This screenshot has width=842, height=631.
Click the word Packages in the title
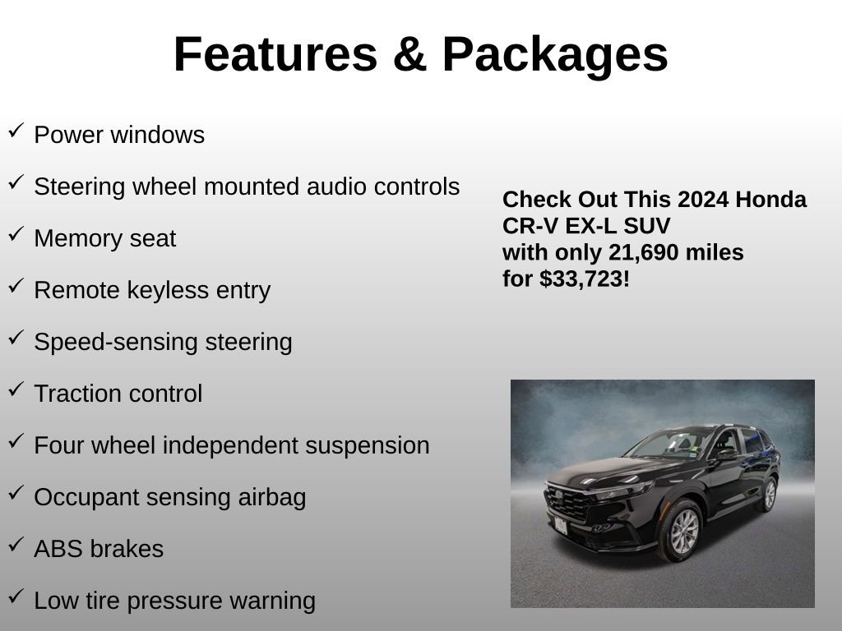(x=554, y=54)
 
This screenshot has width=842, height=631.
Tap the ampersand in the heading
(x=409, y=54)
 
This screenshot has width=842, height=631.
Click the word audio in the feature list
(x=338, y=187)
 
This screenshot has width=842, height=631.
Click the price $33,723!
(x=585, y=279)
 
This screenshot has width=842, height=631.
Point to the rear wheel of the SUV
(x=769, y=494)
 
